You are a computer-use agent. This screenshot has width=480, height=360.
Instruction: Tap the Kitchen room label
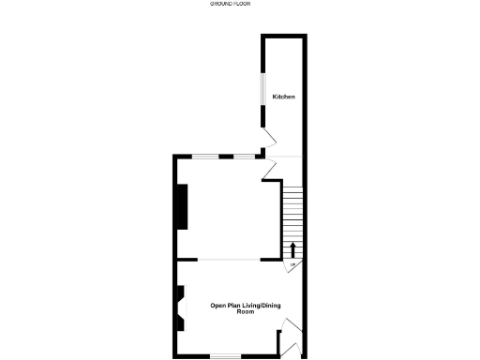point(284,97)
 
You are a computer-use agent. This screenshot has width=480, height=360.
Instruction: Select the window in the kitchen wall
point(262,88)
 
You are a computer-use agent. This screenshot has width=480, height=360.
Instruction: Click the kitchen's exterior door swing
point(268,138)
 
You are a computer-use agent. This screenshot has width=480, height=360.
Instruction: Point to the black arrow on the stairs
point(292,249)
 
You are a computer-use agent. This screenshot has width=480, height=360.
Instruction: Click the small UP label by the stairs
point(292,265)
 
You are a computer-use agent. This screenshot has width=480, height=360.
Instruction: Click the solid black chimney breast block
point(183,206)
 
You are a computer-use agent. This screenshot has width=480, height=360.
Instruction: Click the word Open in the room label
point(218,305)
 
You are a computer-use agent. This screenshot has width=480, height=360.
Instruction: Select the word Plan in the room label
point(235,305)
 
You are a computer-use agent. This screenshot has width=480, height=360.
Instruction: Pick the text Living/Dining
point(262,305)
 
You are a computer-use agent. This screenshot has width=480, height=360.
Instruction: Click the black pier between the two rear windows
point(227,156)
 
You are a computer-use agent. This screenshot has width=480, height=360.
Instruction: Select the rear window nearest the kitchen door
point(245,156)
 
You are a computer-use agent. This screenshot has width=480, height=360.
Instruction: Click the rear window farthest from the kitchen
point(206,156)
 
